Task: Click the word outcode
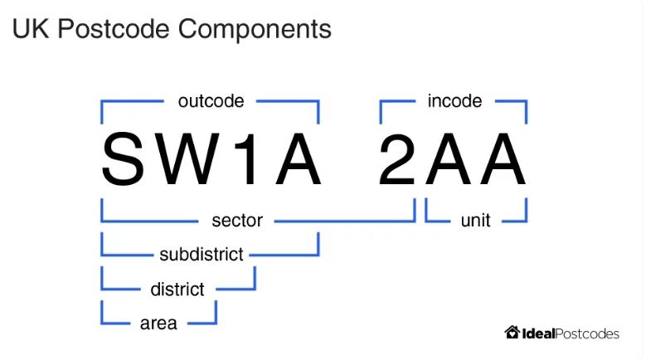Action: point(211,101)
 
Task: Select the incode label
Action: point(454,101)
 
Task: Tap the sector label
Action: point(236,221)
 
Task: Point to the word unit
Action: point(475,221)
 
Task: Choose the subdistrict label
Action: point(202,254)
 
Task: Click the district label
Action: point(177,289)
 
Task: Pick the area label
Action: point(158,323)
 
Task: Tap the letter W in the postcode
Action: point(194,160)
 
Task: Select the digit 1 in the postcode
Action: point(249,160)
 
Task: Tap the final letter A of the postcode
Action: point(502,160)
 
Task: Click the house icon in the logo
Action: point(512,332)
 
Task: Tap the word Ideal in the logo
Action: point(538,333)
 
